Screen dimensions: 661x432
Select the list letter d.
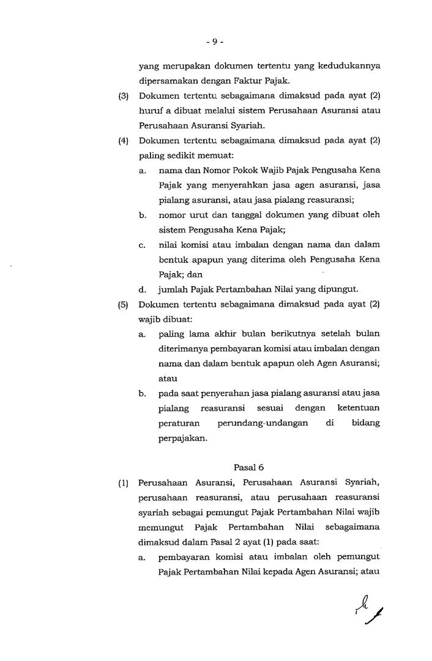click(x=142, y=289)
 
